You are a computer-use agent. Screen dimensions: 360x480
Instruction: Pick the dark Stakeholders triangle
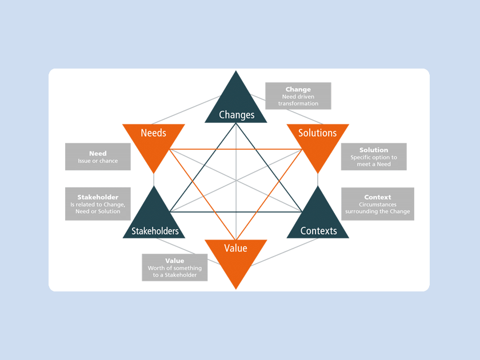point(154,220)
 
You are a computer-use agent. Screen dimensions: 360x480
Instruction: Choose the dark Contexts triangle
point(318,220)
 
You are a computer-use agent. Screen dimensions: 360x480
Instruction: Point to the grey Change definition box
point(298,96)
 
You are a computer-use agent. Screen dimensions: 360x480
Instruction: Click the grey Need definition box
point(98,157)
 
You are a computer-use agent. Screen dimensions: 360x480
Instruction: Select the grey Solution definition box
point(374,157)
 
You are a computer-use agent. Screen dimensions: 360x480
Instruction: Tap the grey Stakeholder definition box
point(98,204)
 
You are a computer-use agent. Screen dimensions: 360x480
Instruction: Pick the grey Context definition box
point(378,204)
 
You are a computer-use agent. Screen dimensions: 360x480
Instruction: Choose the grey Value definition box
point(175,267)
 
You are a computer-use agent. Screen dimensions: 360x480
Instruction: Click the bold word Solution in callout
point(374,150)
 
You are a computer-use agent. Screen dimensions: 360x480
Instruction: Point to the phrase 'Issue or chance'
point(98,161)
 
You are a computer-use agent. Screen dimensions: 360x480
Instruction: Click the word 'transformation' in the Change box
point(298,103)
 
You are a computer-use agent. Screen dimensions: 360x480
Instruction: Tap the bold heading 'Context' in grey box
point(378,197)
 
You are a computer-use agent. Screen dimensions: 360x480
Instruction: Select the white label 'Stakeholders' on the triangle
point(155,231)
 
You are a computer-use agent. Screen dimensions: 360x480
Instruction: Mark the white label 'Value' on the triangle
point(236,248)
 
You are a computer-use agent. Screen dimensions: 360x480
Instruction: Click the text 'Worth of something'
point(175,268)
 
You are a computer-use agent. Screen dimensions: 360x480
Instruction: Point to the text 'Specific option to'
point(374,157)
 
